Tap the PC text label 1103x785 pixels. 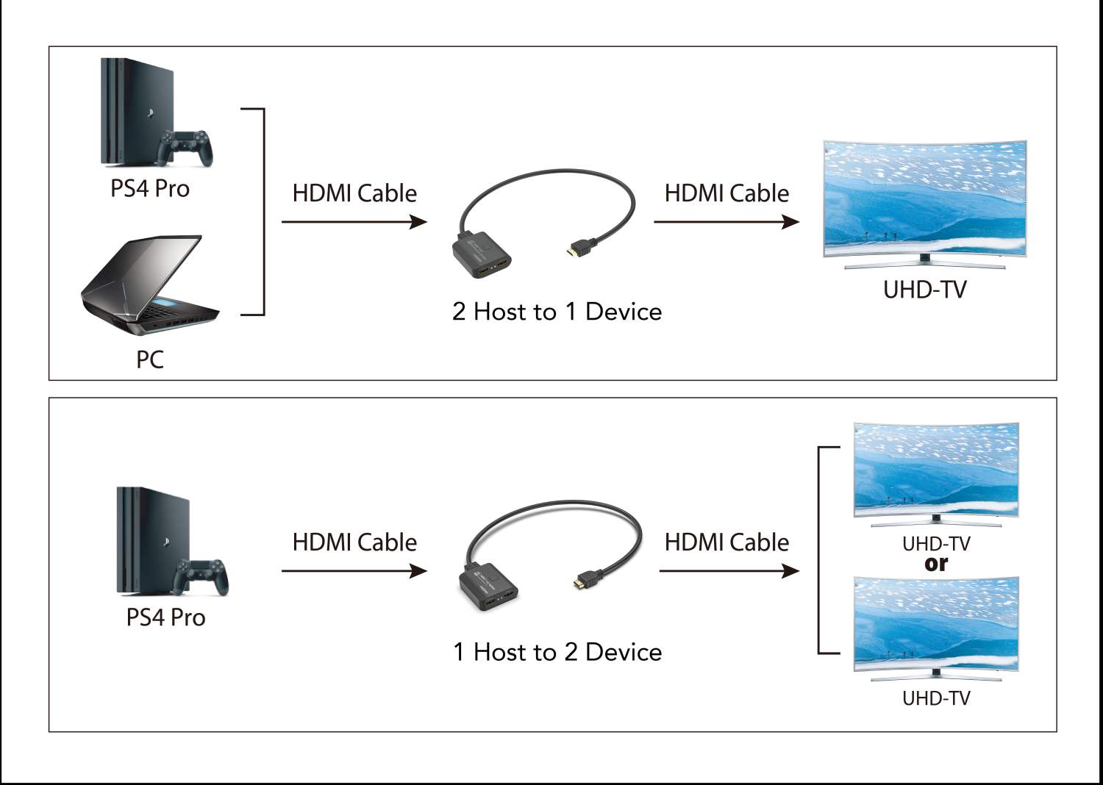(x=150, y=359)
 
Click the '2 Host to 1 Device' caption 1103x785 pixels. (x=557, y=312)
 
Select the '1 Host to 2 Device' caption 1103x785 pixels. (x=557, y=652)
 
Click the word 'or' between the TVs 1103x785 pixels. (x=936, y=564)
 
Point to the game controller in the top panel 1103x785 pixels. (x=187, y=146)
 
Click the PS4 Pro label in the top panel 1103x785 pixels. (x=150, y=189)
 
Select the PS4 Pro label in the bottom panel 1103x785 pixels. (x=165, y=617)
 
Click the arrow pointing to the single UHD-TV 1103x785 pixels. (x=726, y=221)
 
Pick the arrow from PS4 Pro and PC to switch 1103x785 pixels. (x=354, y=221)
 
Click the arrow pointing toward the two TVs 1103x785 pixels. (x=729, y=571)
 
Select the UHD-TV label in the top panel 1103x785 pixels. (x=924, y=290)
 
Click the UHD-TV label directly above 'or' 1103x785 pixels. (x=936, y=544)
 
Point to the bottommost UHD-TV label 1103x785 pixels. (x=936, y=698)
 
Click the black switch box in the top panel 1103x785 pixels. (x=482, y=257)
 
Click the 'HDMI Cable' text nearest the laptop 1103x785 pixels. (x=354, y=193)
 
